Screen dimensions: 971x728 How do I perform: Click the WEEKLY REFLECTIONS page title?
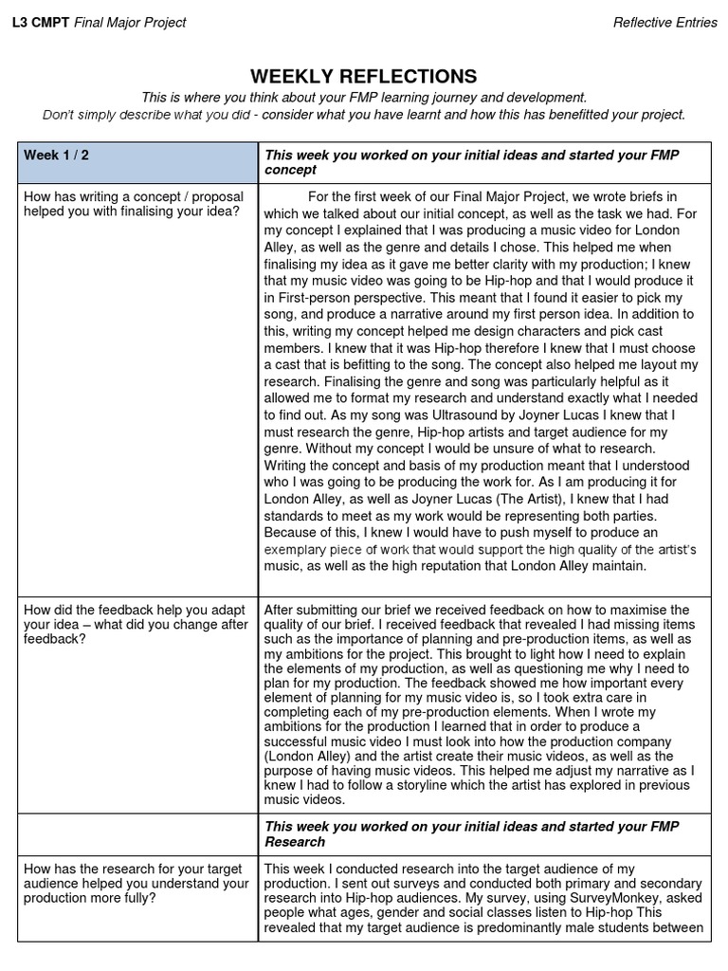(364, 77)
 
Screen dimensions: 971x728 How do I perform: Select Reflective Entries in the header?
(664, 23)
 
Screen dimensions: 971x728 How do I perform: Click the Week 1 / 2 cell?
(57, 156)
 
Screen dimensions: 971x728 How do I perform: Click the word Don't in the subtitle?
(59, 115)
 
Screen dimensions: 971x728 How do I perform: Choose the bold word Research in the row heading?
(295, 842)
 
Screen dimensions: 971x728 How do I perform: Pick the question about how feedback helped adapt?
(135, 624)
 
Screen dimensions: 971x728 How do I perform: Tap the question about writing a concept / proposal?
(133, 204)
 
